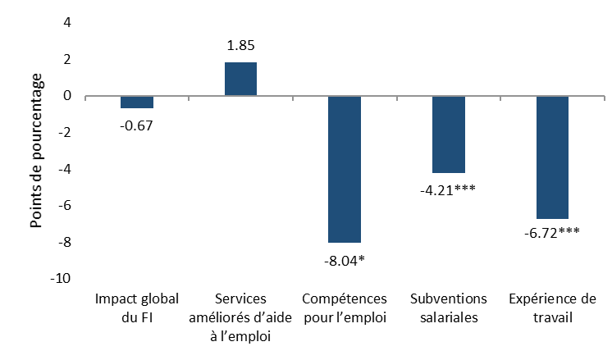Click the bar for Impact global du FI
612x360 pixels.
(137, 103)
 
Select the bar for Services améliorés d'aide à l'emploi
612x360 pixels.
(240, 80)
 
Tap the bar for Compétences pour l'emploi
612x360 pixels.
(345, 169)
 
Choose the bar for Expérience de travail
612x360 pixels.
(552, 157)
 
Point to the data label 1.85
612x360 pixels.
(240, 46)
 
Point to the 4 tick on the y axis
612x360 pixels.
(66, 23)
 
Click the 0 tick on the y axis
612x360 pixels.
(66, 96)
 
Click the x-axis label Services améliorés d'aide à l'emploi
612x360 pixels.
(240, 317)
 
